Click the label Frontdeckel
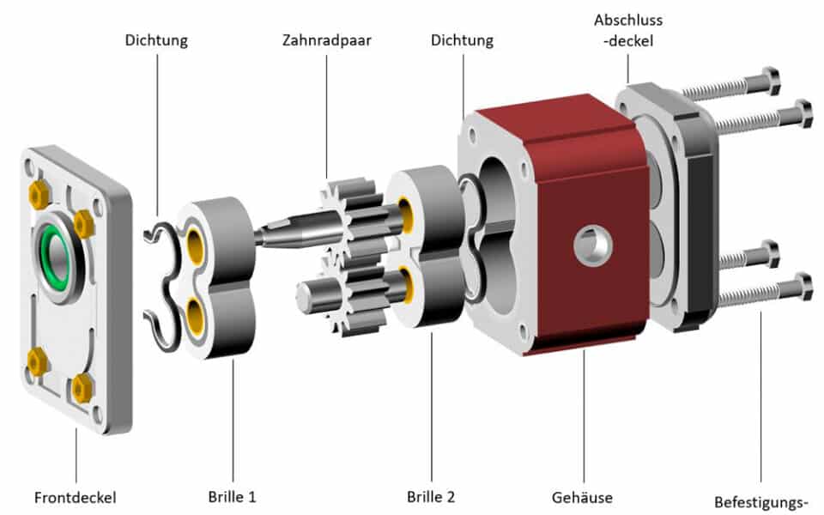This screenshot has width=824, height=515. pos(75,497)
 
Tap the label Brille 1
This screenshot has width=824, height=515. pos(232,496)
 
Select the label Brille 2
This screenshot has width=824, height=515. pos(431,496)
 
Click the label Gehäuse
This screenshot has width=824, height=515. pos(584,497)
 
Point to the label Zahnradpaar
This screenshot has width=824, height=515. pos(327,40)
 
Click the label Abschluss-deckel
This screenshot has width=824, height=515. pos(628,31)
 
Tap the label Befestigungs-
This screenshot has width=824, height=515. pos(761,502)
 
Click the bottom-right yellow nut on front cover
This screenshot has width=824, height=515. pos(82,389)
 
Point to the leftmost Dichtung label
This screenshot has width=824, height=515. pos(156,40)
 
